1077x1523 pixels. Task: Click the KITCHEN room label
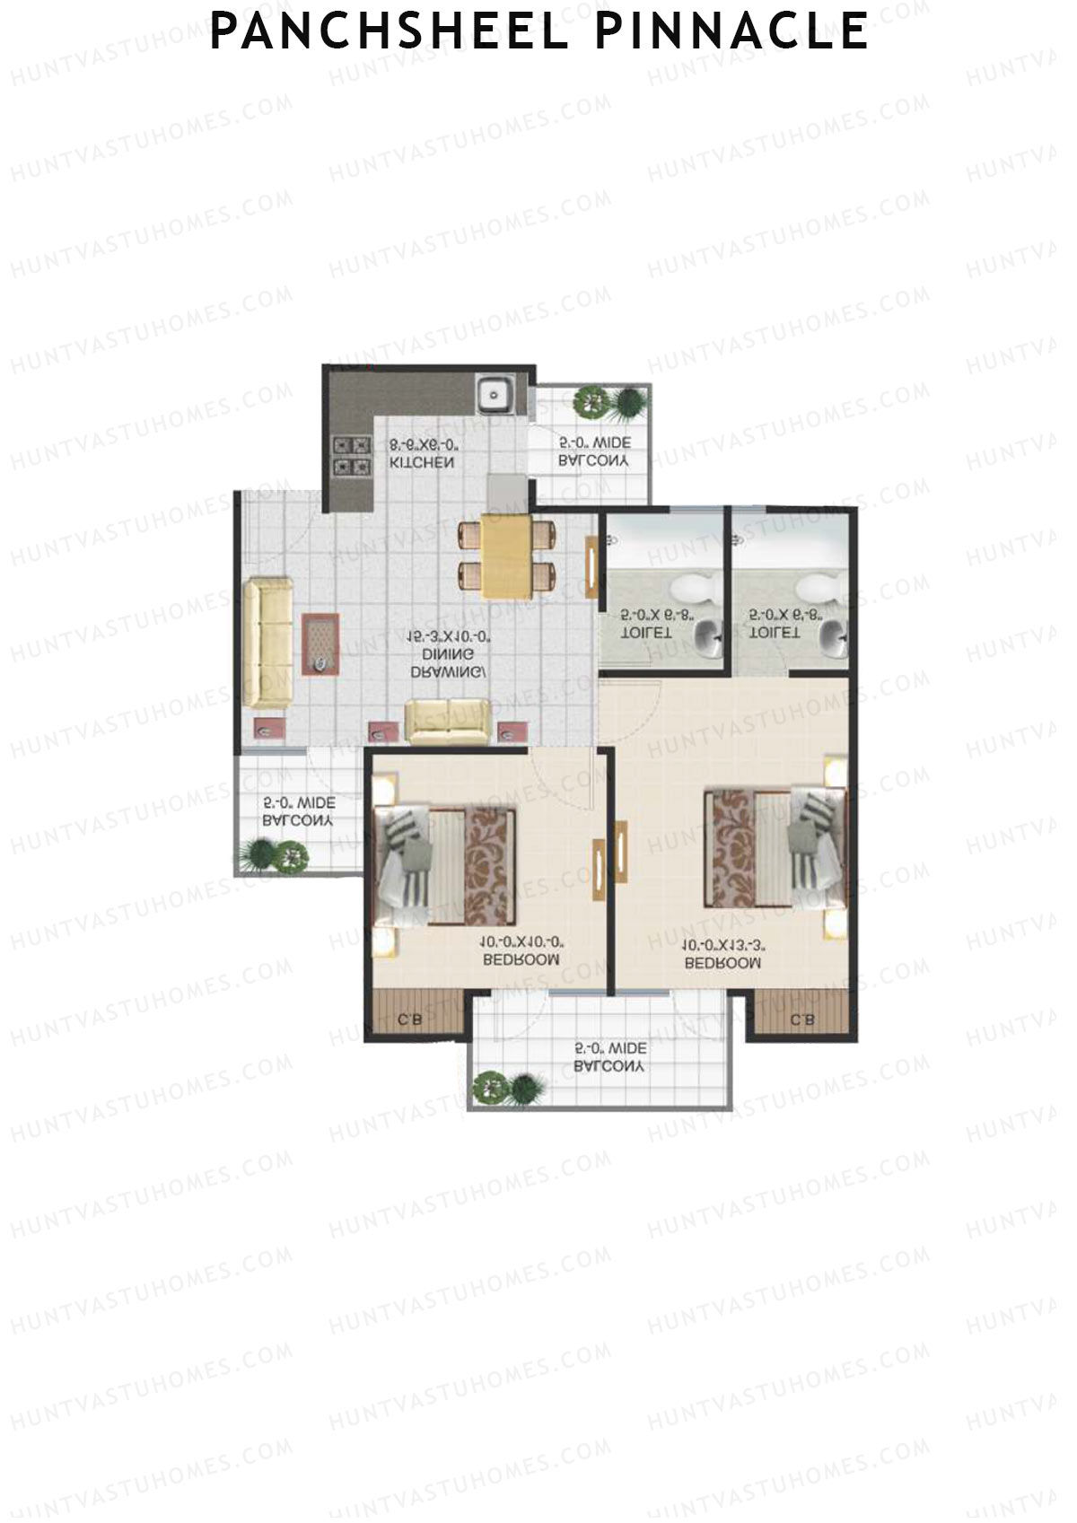click(421, 463)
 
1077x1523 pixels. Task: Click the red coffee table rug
click(320, 643)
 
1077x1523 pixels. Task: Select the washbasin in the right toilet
click(833, 639)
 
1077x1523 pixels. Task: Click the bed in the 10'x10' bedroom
click(446, 866)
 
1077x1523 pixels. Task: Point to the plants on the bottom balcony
click(508, 1089)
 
